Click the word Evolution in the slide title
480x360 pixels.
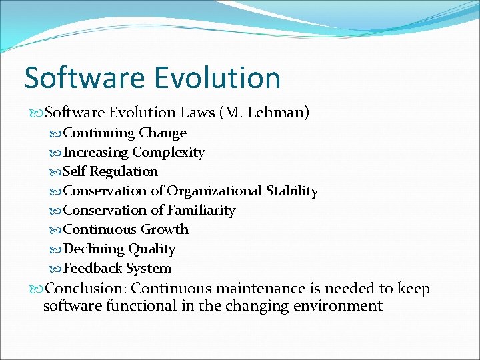tap(217, 78)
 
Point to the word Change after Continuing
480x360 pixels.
tap(163, 133)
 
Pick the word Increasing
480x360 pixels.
tap(95, 152)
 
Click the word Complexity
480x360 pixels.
tap(169, 152)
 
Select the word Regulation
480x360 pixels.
tap(124, 171)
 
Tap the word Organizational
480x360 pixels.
tap(215, 191)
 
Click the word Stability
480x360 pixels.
tap(292, 191)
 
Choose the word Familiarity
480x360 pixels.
tap(201, 210)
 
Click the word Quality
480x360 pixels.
tap(152, 249)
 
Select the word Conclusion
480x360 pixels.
tap(86, 289)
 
